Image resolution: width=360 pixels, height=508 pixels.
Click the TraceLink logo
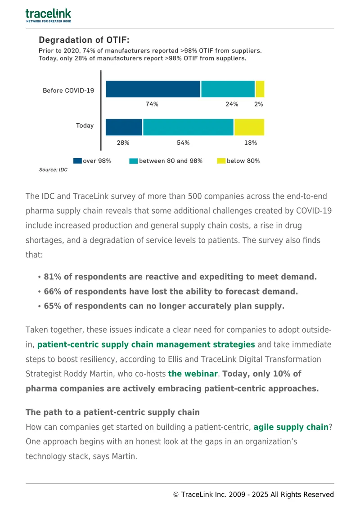click(48, 16)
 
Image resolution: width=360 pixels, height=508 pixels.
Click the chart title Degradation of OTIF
click(84, 40)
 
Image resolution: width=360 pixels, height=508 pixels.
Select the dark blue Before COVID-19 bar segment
click(153, 89)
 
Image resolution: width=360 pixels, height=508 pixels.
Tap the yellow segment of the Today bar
click(249, 127)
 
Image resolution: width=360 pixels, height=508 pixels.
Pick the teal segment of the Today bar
click(188, 127)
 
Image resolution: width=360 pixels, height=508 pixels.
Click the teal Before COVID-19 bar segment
click(228, 89)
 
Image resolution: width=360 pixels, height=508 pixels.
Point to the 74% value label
click(152, 104)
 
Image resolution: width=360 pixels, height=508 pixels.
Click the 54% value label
click(183, 143)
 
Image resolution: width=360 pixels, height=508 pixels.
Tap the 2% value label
click(258, 104)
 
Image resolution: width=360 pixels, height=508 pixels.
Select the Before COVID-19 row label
click(68, 90)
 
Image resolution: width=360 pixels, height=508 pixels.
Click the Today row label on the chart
click(85, 125)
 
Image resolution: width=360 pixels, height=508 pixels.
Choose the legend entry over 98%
click(92, 160)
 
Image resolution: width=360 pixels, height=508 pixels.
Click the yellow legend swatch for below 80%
click(221, 160)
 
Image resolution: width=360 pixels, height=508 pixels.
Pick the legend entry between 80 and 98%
click(166, 160)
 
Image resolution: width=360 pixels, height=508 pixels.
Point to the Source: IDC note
click(53, 170)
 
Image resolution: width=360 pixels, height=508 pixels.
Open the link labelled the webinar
click(193, 374)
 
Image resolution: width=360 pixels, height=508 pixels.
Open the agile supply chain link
click(291, 427)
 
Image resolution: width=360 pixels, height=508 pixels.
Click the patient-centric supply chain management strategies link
click(146, 344)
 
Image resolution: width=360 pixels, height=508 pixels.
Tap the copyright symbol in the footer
click(176, 495)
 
